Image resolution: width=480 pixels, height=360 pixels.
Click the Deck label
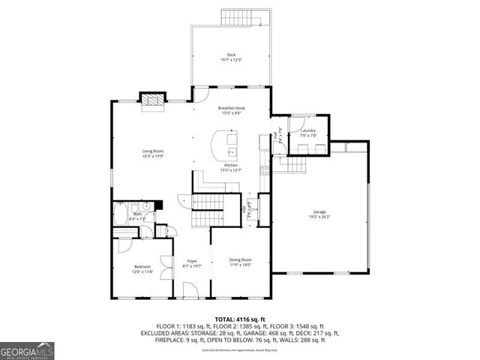(232, 55)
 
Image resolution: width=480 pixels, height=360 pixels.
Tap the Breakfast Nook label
(232, 108)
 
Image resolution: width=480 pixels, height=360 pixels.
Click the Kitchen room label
(231, 165)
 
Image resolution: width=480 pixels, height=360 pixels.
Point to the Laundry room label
(308, 130)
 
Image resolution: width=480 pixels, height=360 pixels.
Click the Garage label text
(319, 212)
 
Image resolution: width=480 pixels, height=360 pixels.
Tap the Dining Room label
(240, 259)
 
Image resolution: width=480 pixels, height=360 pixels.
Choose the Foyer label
(191, 260)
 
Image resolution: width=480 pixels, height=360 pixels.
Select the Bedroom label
(142, 266)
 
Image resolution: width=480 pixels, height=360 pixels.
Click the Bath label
(136, 214)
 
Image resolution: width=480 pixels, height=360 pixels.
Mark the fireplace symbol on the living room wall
(153, 101)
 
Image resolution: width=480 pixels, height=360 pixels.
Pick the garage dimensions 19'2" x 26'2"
(319, 217)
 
